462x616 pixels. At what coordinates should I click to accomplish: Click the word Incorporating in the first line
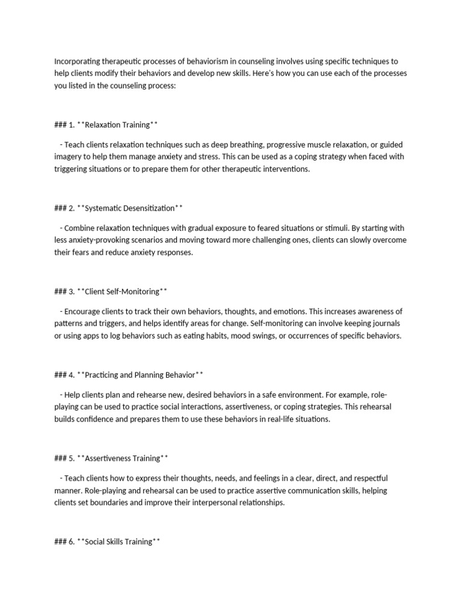click(x=78, y=61)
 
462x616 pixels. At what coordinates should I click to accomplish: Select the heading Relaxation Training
click(x=117, y=125)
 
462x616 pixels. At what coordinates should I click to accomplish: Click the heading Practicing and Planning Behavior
click(x=140, y=375)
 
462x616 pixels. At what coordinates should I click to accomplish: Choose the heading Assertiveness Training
click(x=123, y=458)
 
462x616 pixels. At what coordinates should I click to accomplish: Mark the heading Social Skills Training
click(x=119, y=541)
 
